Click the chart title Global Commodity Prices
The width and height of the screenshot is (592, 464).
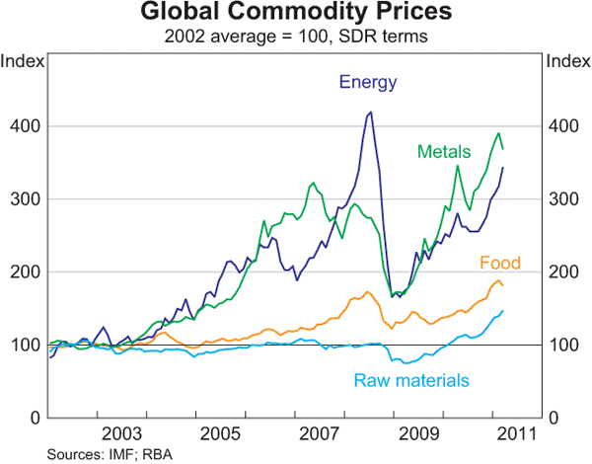pyautogui.click(x=296, y=14)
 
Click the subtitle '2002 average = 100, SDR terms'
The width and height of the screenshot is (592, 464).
pyautogui.click(x=296, y=38)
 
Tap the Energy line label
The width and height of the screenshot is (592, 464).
pyautogui.click(x=368, y=82)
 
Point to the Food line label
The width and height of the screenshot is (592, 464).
pyautogui.click(x=499, y=263)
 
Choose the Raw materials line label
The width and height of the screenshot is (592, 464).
pyautogui.click(x=411, y=380)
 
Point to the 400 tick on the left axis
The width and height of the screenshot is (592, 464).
pyautogui.click(x=25, y=126)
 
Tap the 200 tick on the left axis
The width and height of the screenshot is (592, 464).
pyautogui.click(x=25, y=272)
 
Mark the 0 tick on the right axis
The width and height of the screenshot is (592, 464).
pyautogui.click(x=555, y=418)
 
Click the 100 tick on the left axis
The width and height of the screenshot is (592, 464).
pyautogui.click(x=25, y=345)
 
